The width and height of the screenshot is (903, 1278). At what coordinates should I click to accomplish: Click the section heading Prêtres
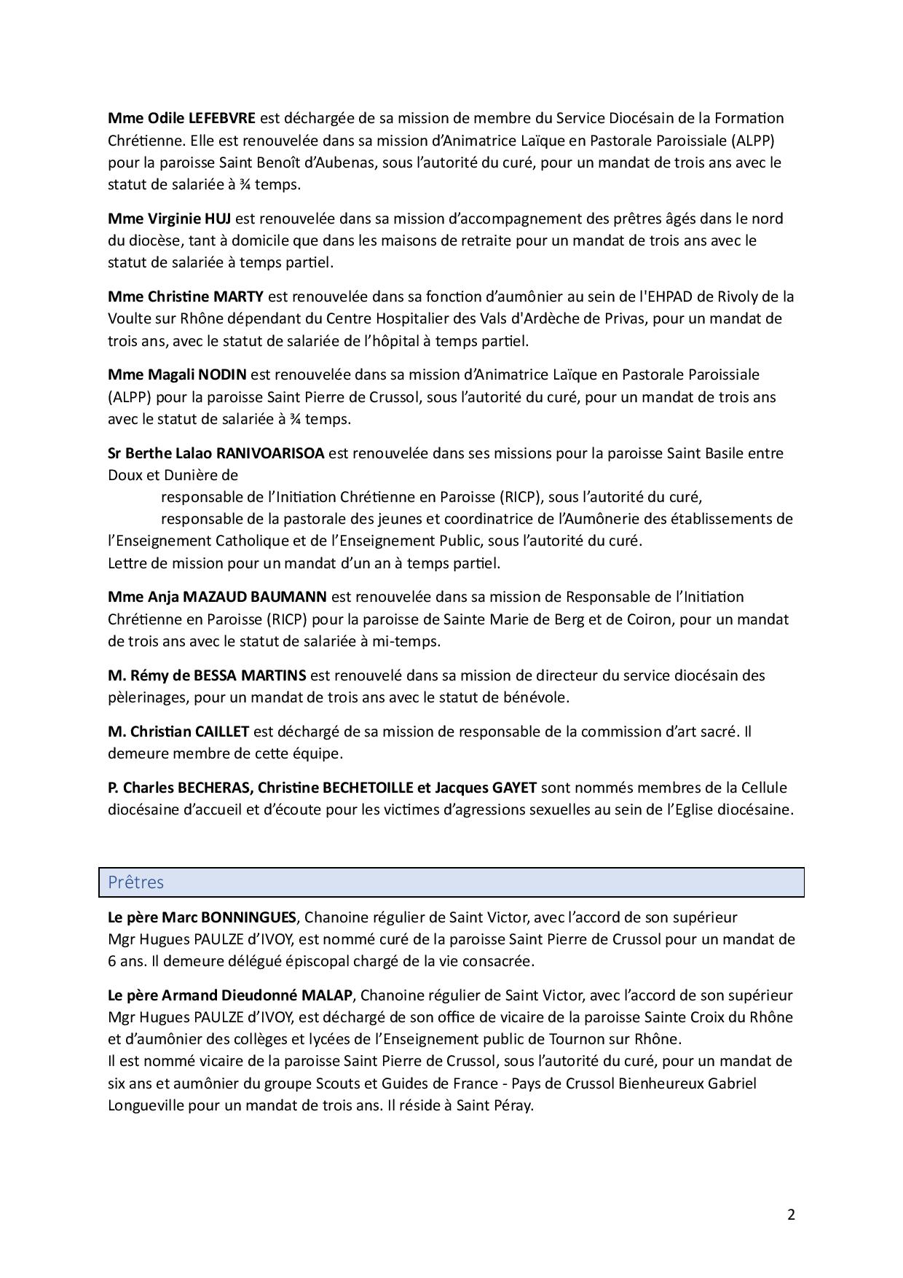click(x=136, y=882)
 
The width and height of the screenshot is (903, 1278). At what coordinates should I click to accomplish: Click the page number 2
click(x=791, y=1214)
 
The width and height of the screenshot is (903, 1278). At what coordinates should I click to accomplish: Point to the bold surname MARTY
click(x=238, y=297)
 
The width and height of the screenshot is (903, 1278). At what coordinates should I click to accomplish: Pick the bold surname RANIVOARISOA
click(x=270, y=453)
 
